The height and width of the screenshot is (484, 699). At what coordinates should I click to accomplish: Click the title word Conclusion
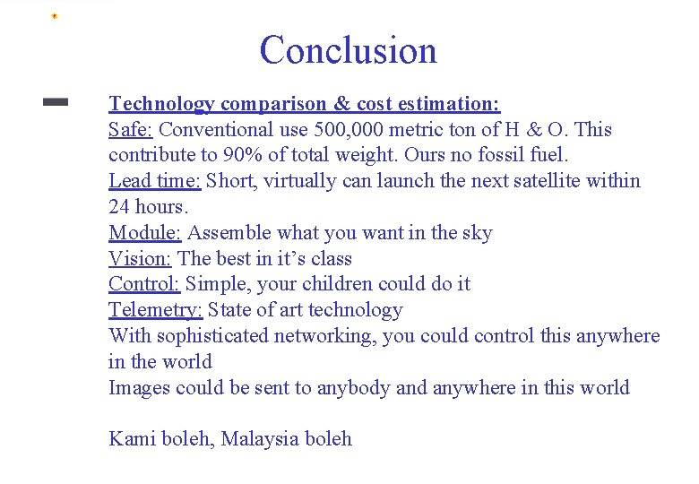click(x=348, y=50)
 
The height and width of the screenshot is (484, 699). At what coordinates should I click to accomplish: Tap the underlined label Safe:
click(x=131, y=130)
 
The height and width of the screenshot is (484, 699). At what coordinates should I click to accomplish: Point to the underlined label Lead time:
click(x=155, y=181)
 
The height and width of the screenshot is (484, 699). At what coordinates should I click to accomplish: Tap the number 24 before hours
click(x=120, y=207)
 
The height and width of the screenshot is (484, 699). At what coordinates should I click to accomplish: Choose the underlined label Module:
click(x=145, y=233)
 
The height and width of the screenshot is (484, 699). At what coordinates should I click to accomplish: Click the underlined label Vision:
click(x=141, y=259)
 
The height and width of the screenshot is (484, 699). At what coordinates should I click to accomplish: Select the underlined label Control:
click(x=144, y=284)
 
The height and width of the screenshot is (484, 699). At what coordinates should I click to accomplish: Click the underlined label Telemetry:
click(x=156, y=310)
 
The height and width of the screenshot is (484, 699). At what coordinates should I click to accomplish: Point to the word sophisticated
click(x=212, y=336)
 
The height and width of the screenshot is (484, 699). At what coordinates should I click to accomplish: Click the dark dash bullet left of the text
click(x=56, y=103)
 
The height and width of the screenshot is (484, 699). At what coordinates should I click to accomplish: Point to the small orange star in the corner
click(x=54, y=16)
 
